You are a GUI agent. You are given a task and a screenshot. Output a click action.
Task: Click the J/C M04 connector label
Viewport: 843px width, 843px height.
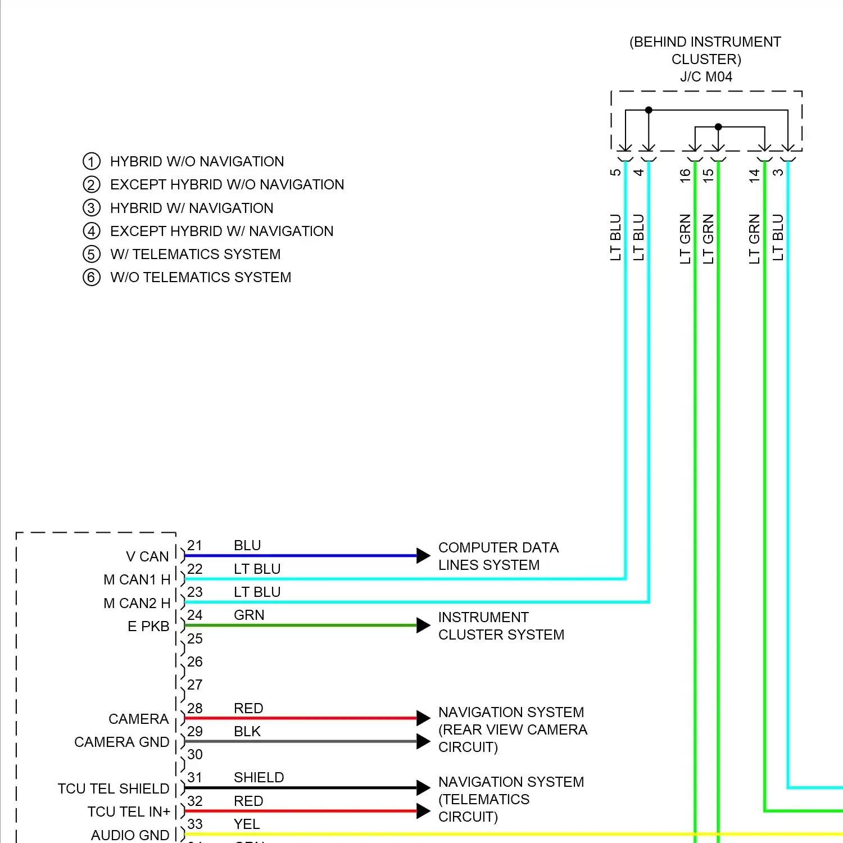click(x=706, y=77)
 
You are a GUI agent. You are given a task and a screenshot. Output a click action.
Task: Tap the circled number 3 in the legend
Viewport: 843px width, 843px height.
click(x=92, y=208)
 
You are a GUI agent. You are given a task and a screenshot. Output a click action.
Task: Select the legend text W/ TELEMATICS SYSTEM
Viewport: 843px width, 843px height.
click(x=195, y=255)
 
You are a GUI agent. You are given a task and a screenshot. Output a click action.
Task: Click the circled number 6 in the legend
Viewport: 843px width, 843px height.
click(x=92, y=278)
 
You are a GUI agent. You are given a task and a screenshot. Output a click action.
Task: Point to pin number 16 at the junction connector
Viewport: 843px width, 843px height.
click(x=685, y=175)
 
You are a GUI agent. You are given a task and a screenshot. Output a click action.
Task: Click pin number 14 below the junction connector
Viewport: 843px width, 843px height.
click(x=754, y=175)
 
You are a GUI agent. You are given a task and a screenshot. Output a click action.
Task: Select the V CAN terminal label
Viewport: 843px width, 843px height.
click(x=147, y=556)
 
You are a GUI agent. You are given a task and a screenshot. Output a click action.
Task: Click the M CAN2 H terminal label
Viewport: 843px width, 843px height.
click(x=137, y=603)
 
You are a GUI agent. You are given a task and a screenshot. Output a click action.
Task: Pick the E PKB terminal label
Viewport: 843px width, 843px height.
click(x=148, y=626)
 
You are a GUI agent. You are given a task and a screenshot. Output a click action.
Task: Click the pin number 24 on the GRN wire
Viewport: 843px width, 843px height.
click(x=195, y=615)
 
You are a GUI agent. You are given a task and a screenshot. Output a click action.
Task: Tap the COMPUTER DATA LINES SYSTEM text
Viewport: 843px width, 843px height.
click(x=498, y=556)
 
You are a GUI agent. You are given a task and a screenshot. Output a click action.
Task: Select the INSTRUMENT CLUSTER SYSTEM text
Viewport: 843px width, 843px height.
click(x=501, y=626)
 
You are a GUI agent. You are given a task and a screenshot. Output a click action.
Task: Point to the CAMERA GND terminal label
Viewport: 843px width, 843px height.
click(x=121, y=742)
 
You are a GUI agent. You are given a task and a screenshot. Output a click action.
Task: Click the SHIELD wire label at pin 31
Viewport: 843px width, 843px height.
click(x=259, y=777)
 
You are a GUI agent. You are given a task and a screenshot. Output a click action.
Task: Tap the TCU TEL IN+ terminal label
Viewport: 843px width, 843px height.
click(x=129, y=812)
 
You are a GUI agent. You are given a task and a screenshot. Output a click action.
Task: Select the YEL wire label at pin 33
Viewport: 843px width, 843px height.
click(x=247, y=824)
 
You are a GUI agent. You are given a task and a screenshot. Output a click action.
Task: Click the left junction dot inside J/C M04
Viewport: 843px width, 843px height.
click(x=649, y=110)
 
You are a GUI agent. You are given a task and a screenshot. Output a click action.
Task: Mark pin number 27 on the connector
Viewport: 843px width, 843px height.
click(x=195, y=685)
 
